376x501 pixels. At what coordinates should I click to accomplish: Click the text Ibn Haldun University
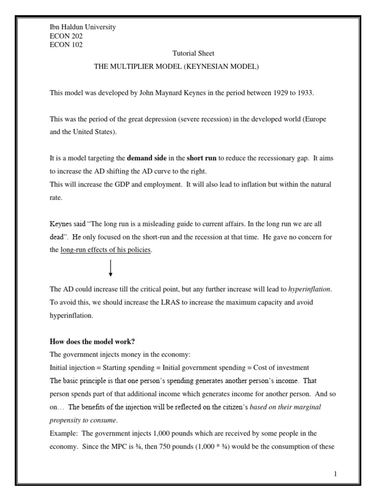(83, 27)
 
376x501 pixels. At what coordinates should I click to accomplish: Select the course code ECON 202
(66, 36)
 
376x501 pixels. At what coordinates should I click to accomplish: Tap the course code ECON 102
(66, 45)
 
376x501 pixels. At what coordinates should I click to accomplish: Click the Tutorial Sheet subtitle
(193, 53)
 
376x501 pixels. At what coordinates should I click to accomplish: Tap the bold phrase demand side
(144, 159)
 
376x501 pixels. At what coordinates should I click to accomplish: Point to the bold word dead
(58, 237)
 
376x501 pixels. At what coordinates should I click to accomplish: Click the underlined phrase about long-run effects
(106, 250)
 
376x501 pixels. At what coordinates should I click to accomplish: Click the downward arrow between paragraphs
(111, 268)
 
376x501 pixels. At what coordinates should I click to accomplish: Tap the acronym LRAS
(162, 302)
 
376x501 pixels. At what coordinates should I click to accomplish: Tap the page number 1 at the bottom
(335, 474)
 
